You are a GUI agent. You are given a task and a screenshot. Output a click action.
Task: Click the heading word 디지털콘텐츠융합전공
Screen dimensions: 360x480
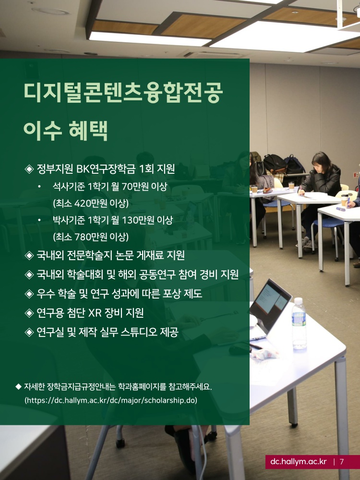coord(123,93)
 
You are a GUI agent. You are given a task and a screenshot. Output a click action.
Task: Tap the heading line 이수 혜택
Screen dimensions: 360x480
coord(65,131)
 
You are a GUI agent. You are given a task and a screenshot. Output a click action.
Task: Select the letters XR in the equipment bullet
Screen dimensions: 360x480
coord(95,313)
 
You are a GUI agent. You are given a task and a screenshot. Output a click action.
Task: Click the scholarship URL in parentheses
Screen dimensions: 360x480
coord(111,400)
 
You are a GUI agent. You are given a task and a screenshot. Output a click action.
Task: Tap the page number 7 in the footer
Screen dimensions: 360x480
coord(342,462)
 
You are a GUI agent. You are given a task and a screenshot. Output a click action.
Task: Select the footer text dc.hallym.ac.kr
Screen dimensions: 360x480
coord(299,462)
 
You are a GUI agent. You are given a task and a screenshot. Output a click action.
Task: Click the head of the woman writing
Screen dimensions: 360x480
coord(321,162)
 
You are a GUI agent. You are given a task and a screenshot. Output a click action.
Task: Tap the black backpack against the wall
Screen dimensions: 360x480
coord(275,164)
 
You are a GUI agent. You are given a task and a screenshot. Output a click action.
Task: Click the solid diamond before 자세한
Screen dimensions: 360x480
coord(18,386)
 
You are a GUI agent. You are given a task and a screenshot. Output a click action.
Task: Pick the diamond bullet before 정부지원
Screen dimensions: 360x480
coord(29,169)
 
